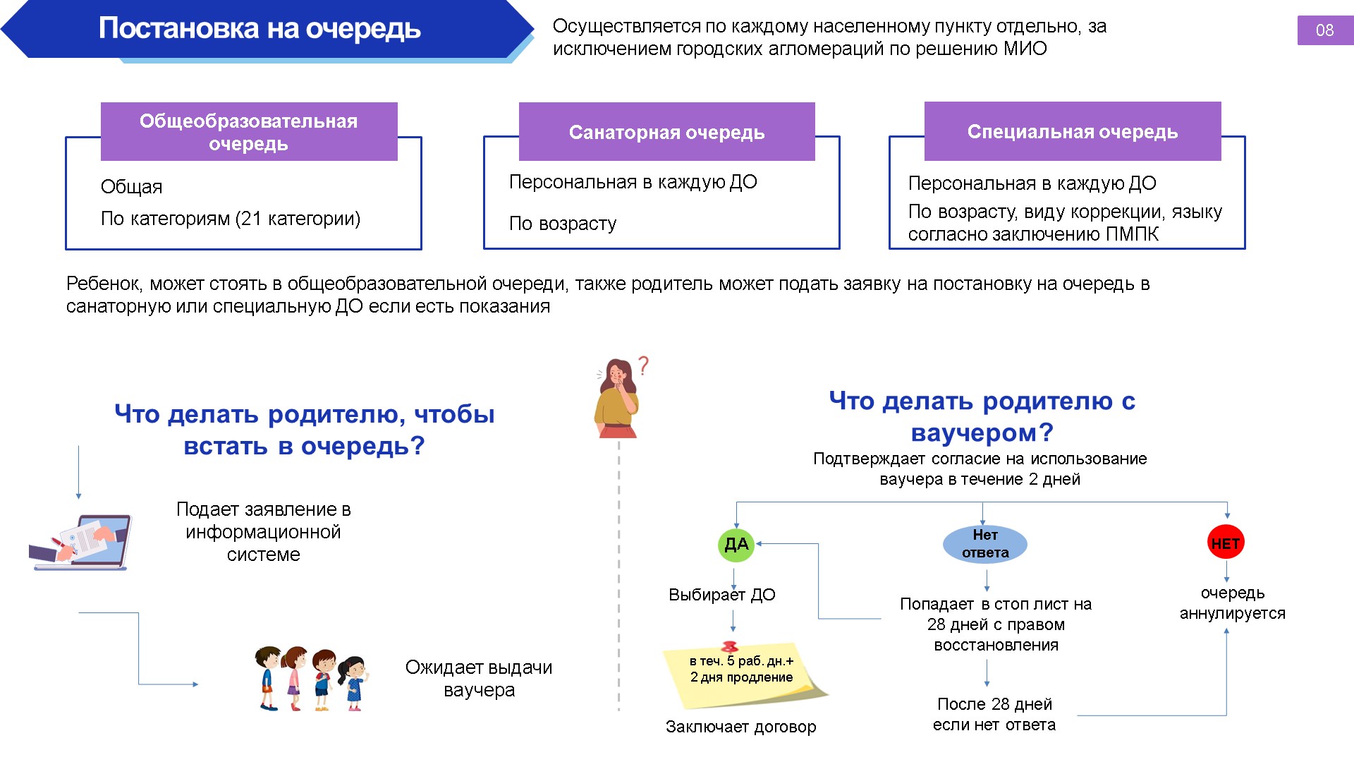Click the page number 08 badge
click(x=1324, y=30)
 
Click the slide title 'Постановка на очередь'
click(x=260, y=28)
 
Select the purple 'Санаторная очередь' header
click(x=666, y=132)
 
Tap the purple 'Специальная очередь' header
click(x=1072, y=131)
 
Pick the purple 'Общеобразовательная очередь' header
click(x=248, y=132)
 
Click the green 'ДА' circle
click(x=736, y=544)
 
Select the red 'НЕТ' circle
click(x=1226, y=543)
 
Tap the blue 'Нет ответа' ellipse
click(x=985, y=544)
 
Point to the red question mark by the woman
click(x=643, y=365)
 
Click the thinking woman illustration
click(x=618, y=399)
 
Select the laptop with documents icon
click(x=80, y=542)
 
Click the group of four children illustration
click(x=311, y=678)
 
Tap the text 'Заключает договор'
click(x=740, y=727)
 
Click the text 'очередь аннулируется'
click(x=1232, y=603)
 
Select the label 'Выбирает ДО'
click(x=721, y=595)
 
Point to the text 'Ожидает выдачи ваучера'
click(x=479, y=678)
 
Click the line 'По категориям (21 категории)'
click(x=231, y=219)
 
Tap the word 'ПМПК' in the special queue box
click(x=1132, y=234)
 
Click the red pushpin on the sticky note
click(x=730, y=646)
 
